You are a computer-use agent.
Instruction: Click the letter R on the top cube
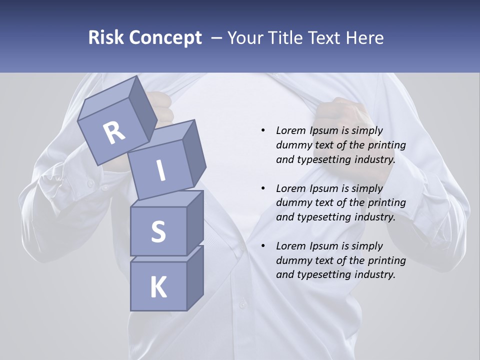coord(114,133)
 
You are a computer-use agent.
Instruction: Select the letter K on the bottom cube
coord(158,287)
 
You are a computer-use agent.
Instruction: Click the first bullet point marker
coord(263,130)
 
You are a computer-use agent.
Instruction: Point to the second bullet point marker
coord(263,188)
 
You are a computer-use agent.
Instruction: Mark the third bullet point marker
coord(263,246)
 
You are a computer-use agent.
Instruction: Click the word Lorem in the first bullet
coord(289,130)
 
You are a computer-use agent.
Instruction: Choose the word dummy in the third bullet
coord(291,260)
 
